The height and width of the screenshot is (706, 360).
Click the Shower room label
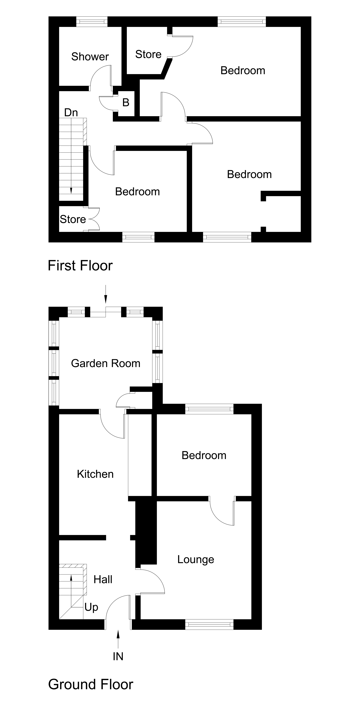coord(90,57)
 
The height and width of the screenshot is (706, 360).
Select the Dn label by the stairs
coord(71,113)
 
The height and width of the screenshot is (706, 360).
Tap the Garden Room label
coord(106,363)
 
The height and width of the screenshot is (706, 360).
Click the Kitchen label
coord(95,474)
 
